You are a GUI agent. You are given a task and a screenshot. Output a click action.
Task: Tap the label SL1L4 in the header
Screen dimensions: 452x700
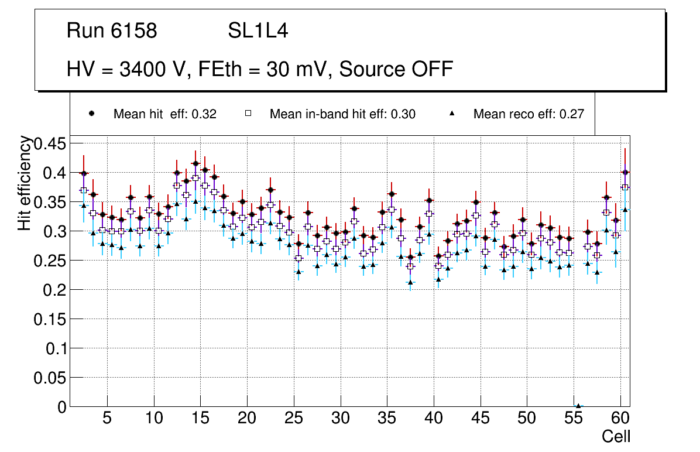pyautogui.click(x=258, y=31)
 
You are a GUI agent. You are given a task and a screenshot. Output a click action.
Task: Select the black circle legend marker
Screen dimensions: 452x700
pyautogui.click(x=91, y=114)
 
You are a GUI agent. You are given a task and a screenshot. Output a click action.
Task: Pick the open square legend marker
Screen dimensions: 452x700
pyautogui.click(x=248, y=114)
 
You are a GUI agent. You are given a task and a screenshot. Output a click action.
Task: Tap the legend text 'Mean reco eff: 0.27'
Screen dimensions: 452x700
pyautogui.click(x=529, y=114)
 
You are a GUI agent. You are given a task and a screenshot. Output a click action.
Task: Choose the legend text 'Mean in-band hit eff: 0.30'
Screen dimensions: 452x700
pyautogui.click(x=342, y=114)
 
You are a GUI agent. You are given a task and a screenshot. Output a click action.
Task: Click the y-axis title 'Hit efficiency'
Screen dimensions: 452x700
pyautogui.click(x=25, y=183)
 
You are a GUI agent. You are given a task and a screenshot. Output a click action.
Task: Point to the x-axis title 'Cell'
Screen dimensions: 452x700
pyautogui.click(x=616, y=436)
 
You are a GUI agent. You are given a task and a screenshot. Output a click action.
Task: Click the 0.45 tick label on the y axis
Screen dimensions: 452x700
pyautogui.click(x=50, y=143)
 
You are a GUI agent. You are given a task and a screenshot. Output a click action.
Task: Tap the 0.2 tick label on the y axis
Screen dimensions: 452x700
pyautogui.click(x=56, y=290)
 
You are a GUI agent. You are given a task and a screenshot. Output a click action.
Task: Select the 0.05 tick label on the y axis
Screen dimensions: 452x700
pyautogui.click(x=50, y=378)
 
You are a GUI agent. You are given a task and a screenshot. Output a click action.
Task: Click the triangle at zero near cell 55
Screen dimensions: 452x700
pyautogui.click(x=578, y=406)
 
